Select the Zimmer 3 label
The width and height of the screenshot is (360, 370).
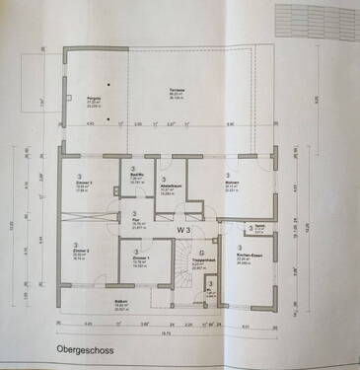[85, 185]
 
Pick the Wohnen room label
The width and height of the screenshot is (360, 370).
[231, 185]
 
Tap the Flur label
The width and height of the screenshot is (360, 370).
[134, 223]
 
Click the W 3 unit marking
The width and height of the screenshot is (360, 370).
[183, 230]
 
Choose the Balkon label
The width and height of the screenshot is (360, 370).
[120, 306]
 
